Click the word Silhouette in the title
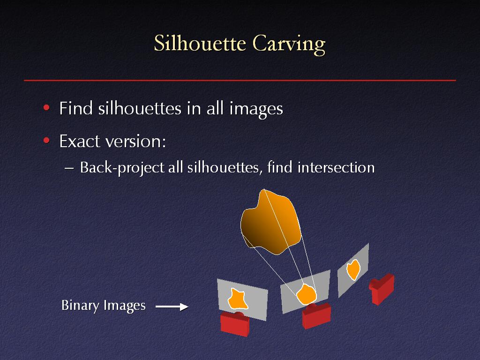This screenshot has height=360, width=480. [200, 44]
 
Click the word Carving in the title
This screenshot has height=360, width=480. [289, 45]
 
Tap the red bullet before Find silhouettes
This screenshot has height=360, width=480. [46, 107]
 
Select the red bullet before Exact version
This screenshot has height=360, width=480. [46, 141]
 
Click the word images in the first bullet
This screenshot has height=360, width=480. [256, 109]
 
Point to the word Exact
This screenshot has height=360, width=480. [79, 141]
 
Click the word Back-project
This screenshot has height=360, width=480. [122, 168]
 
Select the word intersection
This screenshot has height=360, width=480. [336, 167]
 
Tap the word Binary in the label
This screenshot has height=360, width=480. [81, 306]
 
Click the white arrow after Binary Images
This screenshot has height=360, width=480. [172, 307]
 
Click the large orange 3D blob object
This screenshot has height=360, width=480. [271, 222]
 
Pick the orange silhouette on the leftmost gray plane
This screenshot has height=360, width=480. [238, 299]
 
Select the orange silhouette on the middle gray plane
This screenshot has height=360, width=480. [306, 294]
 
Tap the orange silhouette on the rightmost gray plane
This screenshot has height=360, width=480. [353, 270]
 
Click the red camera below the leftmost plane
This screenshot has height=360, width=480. [235, 324]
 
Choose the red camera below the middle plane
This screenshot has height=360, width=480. [316, 315]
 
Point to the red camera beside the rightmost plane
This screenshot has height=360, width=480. [382, 289]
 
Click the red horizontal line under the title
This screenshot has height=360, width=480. [240, 81]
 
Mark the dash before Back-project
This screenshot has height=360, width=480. [69, 168]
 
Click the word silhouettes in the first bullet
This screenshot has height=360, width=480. [140, 108]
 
